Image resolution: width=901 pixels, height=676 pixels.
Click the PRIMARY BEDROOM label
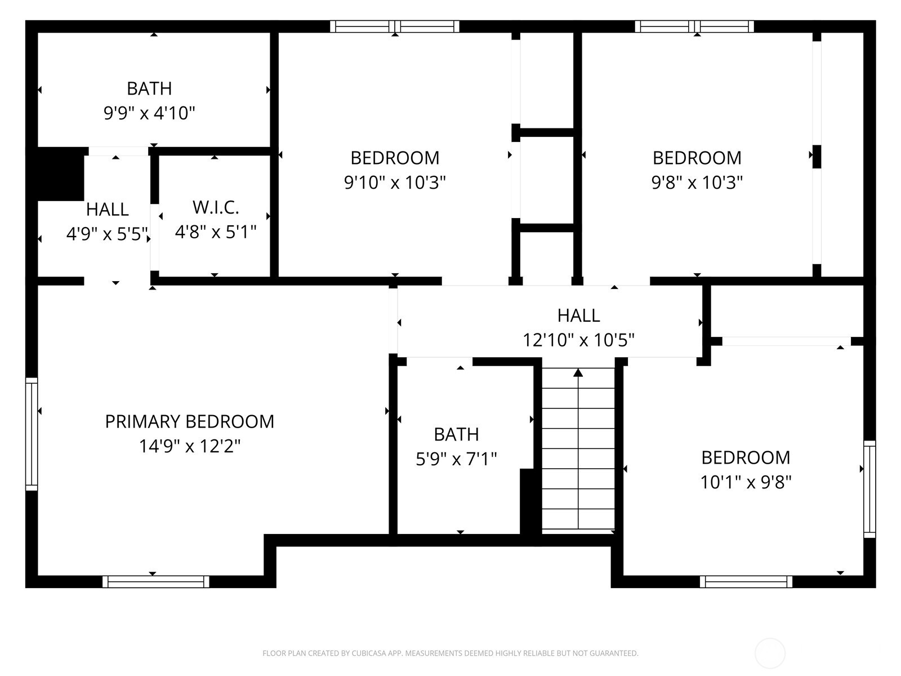[x=190, y=421]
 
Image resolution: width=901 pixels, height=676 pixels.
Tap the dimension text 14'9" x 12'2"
[x=190, y=446]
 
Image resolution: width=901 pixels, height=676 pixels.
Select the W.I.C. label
[x=216, y=207]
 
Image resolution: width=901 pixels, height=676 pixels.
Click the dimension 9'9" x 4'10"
[x=149, y=113]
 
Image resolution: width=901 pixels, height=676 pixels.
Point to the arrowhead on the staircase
[x=578, y=372]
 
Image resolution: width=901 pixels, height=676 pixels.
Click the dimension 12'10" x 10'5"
[x=579, y=340]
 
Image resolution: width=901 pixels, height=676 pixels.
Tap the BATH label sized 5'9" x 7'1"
[x=456, y=434]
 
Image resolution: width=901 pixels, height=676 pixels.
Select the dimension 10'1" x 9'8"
[x=746, y=482]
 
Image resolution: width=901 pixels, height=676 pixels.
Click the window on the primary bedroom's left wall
[x=32, y=434]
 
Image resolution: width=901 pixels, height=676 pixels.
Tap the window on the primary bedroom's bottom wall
[x=156, y=581]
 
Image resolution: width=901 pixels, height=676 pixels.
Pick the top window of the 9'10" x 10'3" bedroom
[x=395, y=26]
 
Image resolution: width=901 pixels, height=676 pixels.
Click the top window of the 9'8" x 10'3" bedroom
[x=694, y=26]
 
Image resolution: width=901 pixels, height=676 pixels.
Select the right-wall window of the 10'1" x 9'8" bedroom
[x=869, y=489]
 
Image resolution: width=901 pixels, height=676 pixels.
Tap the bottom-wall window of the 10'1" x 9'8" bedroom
[x=746, y=581]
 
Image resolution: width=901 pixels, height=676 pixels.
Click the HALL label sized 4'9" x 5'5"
[x=107, y=210]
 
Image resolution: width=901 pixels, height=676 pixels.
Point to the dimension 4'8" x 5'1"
[x=216, y=232]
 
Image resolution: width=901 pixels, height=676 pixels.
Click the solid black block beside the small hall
[x=60, y=174]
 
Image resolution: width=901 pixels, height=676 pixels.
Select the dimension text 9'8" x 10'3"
[x=697, y=183]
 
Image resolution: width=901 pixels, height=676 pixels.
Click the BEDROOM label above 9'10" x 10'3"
[x=395, y=158]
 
